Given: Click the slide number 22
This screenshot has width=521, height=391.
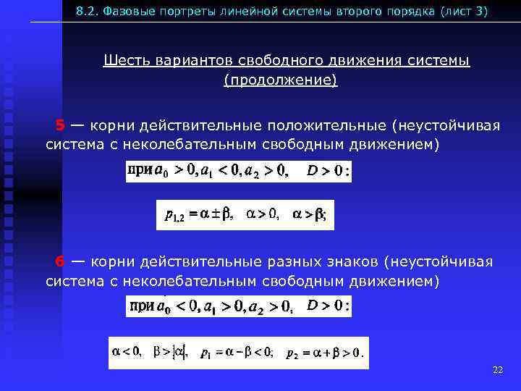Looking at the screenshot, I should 497,370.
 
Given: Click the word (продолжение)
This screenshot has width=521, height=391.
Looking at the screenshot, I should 280,80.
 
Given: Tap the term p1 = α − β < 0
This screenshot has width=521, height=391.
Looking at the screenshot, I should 237,353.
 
